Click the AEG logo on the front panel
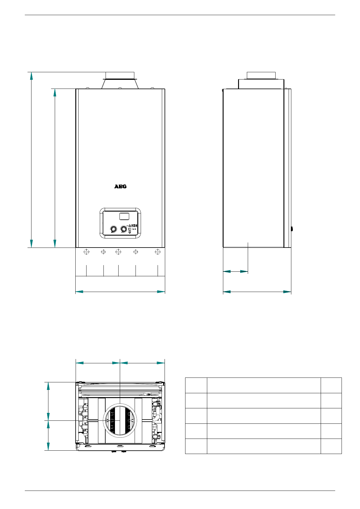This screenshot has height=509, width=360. click(x=120, y=186)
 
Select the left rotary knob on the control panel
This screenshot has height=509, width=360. click(x=113, y=229)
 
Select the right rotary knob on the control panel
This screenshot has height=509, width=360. click(x=123, y=229)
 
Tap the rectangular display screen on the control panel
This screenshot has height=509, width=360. click(x=124, y=216)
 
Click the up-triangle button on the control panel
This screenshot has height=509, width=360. click(x=129, y=226)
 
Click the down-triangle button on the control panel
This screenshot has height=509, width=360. click(x=129, y=232)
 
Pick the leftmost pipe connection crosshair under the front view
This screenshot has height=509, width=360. click(x=87, y=252)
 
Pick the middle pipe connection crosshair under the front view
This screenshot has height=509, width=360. click(x=118, y=252)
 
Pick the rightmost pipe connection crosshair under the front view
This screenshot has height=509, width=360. click(x=158, y=252)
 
